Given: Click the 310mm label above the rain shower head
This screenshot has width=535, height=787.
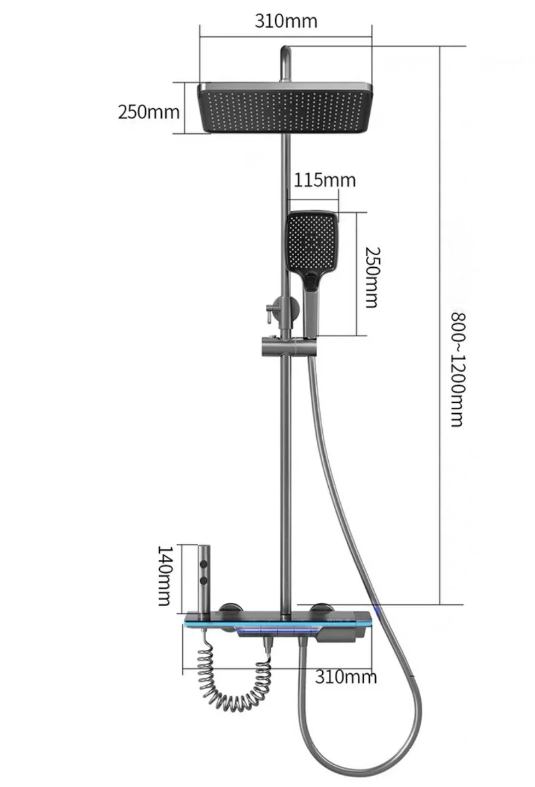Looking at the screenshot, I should click(x=286, y=21).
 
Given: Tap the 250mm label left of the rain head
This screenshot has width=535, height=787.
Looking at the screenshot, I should click(x=148, y=112).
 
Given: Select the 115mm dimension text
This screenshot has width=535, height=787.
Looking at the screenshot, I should click(x=324, y=180).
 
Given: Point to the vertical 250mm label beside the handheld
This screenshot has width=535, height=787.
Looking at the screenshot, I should click(x=371, y=277).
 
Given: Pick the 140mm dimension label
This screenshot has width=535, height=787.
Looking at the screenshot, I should click(x=166, y=575).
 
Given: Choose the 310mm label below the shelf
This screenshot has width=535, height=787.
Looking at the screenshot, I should click(x=346, y=677).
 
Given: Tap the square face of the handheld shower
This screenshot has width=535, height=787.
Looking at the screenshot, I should click(x=312, y=240).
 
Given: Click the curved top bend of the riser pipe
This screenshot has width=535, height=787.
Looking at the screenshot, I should click(x=286, y=52).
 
